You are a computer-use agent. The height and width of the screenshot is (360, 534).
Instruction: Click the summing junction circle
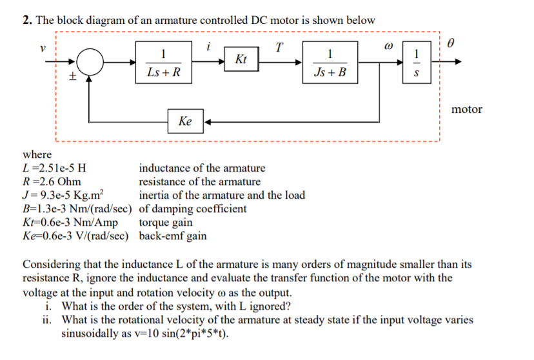[92, 63]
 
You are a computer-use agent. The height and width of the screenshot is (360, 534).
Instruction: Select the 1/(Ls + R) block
[164, 63]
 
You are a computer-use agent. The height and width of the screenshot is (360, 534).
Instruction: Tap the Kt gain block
[241, 60]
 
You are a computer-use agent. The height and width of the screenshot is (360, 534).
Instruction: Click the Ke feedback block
[186, 121]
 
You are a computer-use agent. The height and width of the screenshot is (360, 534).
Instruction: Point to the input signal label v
[43, 48]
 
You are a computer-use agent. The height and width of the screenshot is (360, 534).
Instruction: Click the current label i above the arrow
[208, 46]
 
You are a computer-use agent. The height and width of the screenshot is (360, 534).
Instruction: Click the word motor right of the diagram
[466, 109]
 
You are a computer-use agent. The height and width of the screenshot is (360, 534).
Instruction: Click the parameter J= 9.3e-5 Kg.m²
[67, 195]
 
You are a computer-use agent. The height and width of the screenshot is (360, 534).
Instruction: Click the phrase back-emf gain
[173, 235]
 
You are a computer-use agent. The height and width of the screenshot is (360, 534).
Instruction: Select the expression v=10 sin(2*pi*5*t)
[146, 334]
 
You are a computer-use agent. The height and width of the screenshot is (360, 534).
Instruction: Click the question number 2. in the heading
[28, 20]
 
